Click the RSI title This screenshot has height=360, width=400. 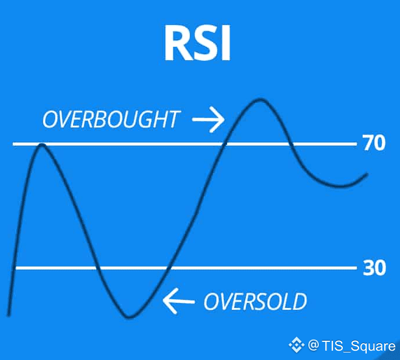click(197, 43)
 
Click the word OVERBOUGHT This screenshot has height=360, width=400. click(111, 119)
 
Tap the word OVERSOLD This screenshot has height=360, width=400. click(255, 302)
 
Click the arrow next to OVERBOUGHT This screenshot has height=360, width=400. click(208, 119)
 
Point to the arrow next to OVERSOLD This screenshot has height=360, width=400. click(179, 302)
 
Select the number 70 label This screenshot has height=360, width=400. click(374, 143)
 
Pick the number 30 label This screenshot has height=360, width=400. click(374, 268)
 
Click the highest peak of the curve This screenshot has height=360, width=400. click(260, 99)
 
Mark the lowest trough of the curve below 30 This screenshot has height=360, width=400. click(129, 317)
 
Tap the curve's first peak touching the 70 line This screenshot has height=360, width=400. click(42, 145)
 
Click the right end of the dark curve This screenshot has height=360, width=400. click(367, 174)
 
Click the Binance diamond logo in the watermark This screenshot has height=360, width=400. click(296, 345)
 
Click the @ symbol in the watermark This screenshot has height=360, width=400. click(313, 345)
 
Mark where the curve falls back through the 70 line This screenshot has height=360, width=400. click(291, 144)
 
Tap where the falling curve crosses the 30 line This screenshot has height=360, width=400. click(97, 268)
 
